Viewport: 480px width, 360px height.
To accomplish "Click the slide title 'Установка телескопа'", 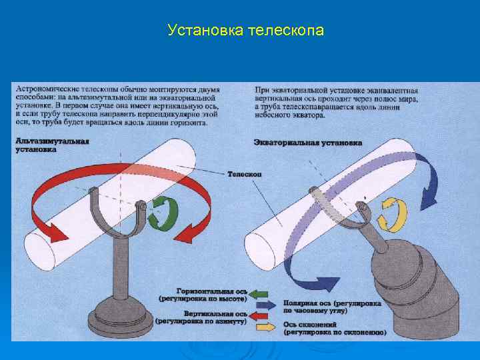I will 246,30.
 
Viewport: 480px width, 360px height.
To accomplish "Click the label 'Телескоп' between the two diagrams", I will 245,174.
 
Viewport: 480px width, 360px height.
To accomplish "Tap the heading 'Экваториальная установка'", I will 308,143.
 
